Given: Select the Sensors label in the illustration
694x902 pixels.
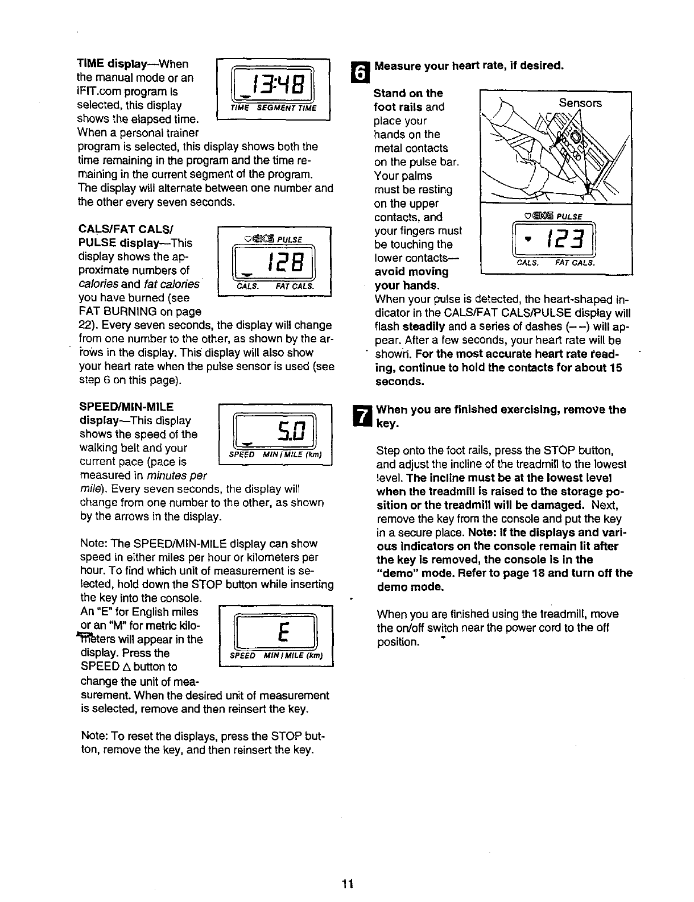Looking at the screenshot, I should click(580, 103).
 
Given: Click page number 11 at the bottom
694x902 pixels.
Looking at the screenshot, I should click(348, 883).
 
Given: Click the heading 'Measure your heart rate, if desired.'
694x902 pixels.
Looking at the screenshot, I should click(469, 65).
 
